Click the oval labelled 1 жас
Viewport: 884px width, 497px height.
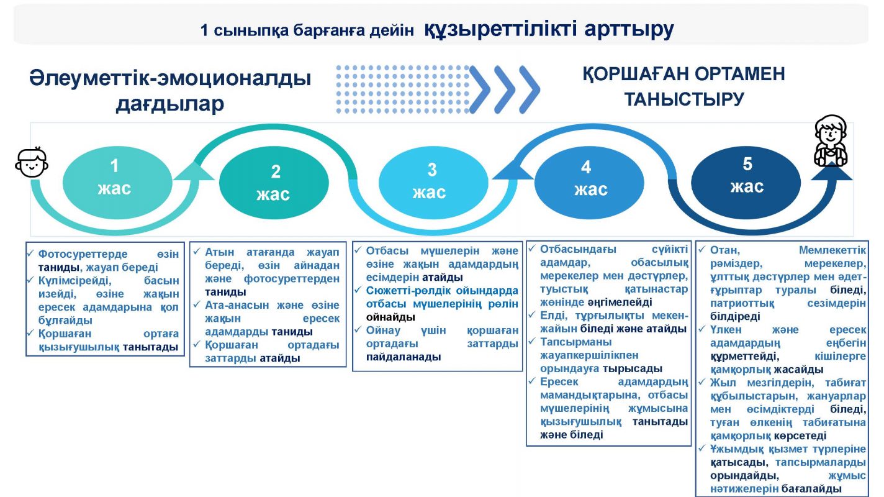coord(117,183)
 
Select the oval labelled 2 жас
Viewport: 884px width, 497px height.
coord(274,183)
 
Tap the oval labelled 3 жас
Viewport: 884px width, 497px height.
coord(433,183)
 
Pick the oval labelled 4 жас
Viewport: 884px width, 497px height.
coord(589,183)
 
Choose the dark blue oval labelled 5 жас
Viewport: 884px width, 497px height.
coord(746,183)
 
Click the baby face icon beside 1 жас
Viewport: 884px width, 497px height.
coord(32,162)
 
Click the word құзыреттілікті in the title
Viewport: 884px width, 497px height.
coord(500,29)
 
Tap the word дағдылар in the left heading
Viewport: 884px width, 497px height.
coord(170,104)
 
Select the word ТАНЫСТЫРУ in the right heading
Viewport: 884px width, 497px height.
coord(684,99)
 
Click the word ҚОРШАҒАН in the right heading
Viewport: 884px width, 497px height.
coord(636,75)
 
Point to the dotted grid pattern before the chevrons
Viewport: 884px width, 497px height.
coord(402,89)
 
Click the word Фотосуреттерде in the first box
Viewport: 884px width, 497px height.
coord(83,253)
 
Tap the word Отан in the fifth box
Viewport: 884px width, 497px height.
coord(724,250)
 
